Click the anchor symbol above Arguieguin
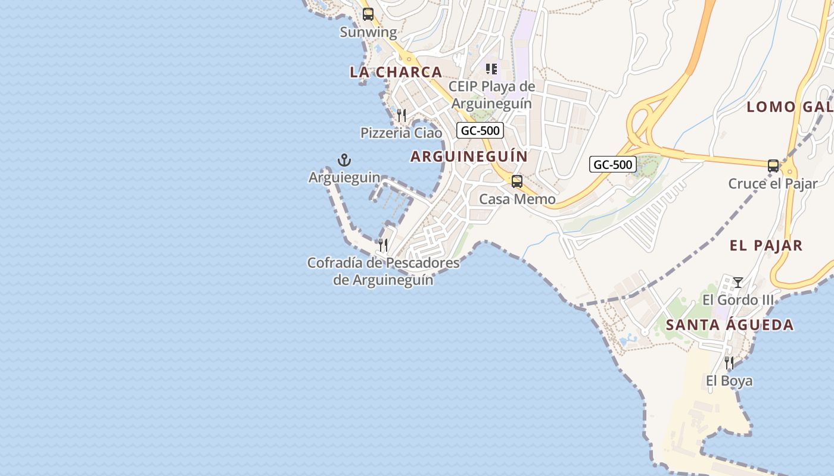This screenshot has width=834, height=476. (x=344, y=159)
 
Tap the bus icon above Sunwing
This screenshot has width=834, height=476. (x=368, y=14)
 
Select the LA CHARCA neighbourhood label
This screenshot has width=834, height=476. (x=396, y=72)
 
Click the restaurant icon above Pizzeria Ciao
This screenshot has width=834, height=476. (x=402, y=115)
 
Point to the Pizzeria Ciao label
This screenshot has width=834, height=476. (x=401, y=133)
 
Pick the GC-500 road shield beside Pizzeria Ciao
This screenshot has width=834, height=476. (x=480, y=130)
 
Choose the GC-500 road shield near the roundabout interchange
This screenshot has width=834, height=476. (x=613, y=164)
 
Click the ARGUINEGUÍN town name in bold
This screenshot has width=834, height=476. (x=469, y=156)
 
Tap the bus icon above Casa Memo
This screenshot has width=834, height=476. (x=517, y=181)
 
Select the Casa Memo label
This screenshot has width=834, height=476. (x=517, y=199)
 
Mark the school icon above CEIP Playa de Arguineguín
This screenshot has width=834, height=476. (x=491, y=69)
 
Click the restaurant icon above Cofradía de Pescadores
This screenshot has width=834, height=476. (x=383, y=245)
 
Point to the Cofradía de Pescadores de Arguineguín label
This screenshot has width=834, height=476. (x=383, y=271)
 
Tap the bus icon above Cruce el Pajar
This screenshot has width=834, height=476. (x=773, y=166)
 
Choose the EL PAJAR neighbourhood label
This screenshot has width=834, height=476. (x=766, y=245)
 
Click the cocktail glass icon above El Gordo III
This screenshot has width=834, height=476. (x=738, y=283)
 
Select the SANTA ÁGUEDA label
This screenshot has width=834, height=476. (x=730, y=325)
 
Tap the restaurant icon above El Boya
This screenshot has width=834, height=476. (x=729, y=362)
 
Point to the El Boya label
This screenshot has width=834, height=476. (x=729, y=381)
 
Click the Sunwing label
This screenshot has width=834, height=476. (x=368, y=32)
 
